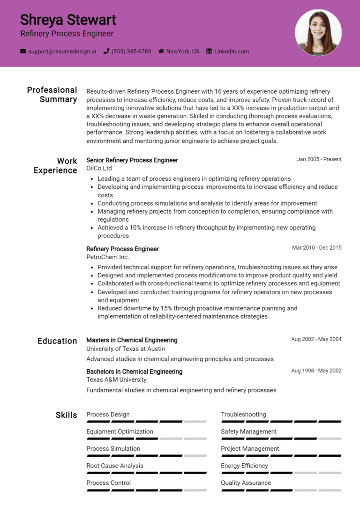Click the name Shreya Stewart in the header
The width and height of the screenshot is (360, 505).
[x=68, y=20]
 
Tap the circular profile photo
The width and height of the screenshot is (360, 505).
[x=318, y=32]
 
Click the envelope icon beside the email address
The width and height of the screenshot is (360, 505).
[x=23, y=51]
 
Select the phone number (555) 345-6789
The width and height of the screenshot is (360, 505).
[x=131, y=51]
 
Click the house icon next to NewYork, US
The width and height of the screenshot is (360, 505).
[x=161, y=51]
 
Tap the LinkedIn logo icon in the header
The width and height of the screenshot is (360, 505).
[x=209, y=51]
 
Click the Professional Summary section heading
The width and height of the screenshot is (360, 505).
[x=52, y=95]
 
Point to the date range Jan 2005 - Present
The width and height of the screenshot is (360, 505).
[x=319, y=159]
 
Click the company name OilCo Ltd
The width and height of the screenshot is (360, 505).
[x=99, y=168]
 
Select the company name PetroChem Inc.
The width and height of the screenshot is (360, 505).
[x=107, y=257]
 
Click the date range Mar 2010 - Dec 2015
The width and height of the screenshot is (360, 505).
[x=316, y=248]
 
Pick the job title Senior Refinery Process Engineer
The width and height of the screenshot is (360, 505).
[x=132, y=160]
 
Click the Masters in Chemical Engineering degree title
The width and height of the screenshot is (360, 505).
[x=132, y=340]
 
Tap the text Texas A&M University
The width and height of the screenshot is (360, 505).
[x=116, y=379]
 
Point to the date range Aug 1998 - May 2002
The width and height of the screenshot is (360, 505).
[x=316, y=371]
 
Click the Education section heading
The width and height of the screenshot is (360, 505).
[x=57, y=341]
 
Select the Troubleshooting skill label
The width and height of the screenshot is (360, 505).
[x=243, y=415]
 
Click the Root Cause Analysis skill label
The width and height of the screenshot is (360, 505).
[x=115, y=466]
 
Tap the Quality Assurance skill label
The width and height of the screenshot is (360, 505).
[x=246, y=483]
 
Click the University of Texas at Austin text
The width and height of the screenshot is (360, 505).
[x=126, y=349]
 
